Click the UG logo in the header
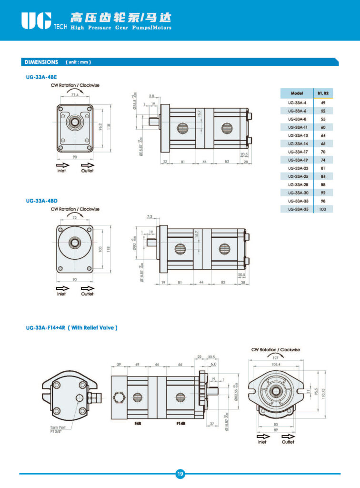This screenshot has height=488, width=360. tap(36, 20)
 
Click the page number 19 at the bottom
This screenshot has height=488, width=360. tap(180, 474)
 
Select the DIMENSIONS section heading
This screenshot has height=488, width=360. tap(41, 62)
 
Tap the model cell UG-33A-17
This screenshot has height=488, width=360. tap(297, 152)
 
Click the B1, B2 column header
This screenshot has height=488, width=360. tap(322, 93)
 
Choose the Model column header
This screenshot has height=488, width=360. tap(297, 93)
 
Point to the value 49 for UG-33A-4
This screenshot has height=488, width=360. tap(322, 102)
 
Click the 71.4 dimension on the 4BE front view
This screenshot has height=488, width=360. tap(75, 95)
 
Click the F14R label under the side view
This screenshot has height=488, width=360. tap(180, 423)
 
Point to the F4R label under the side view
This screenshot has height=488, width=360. tap(138, 423)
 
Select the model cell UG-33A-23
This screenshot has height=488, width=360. tap(297, 168)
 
